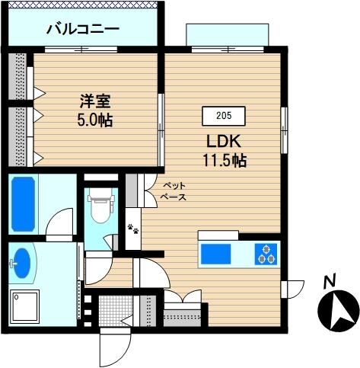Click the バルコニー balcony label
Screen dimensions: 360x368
click(83, 29)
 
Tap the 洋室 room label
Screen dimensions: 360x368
click(95, 101)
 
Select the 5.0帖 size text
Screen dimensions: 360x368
click(95, 120)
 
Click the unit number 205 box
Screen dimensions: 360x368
click(224, 116)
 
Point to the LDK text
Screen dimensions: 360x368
click(224, 141)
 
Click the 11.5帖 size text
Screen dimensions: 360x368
click(225, 160)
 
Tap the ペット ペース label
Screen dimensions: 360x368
click(174, 191)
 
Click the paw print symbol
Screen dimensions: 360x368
click(133, 229)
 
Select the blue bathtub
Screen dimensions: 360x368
click(23, 204)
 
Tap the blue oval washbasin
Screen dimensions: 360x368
click(23, 263)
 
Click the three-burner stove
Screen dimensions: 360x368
click(266, 254)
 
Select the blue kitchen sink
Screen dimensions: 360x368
click(216, 254)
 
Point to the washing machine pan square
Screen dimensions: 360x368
click(24, 307)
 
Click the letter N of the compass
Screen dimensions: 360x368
click(330, 280)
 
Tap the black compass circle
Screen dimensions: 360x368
click(338, 311)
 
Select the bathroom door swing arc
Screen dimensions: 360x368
click(59, 222)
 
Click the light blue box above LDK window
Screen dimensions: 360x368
click(228, 35)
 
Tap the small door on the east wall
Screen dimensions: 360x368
click(292, 290)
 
